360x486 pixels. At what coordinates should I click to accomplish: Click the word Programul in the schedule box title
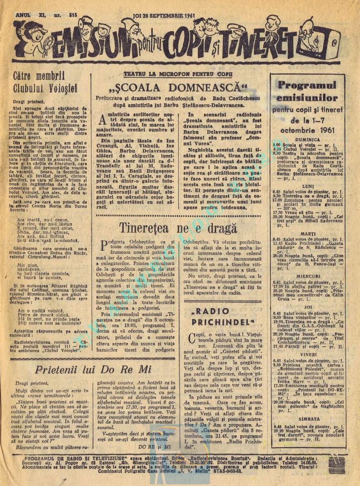306,85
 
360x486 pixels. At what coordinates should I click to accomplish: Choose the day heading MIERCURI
306,276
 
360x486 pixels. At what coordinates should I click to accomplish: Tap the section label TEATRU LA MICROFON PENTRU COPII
178,74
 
